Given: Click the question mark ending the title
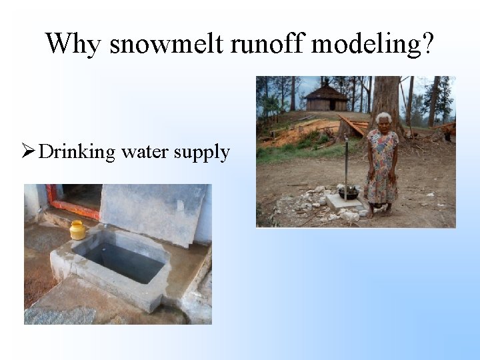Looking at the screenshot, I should point(427,45).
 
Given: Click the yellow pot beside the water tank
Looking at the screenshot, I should point(78,230).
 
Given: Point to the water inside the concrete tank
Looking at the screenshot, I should point(123,259).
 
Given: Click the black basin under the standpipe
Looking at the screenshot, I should point(349,193).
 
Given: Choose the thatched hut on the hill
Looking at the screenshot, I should point(326,98).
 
